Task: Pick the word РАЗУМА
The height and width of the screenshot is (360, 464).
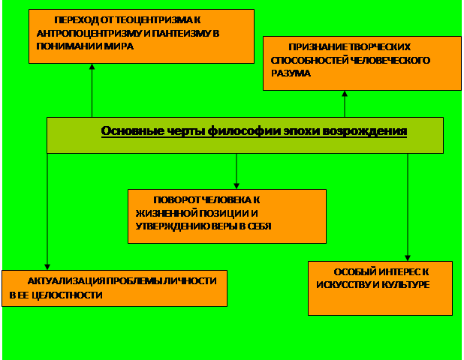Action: (x=291, y=73)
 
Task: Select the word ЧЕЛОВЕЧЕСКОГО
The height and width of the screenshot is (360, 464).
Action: (x=390, y=60)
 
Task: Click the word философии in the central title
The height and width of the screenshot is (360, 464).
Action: (x=243, y=131)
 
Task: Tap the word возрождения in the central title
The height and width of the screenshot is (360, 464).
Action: (x=365, y=131)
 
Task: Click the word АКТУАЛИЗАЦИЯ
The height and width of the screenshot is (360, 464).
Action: (x=66, y=281)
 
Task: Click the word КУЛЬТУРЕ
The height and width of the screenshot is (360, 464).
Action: (x=404, y=285)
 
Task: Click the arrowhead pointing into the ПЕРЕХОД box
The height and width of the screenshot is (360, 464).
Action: (x=92, y=67)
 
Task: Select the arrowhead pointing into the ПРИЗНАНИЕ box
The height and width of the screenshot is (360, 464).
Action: (x=345, y=94)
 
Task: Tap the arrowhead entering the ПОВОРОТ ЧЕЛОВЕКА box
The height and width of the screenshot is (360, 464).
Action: (x=237, y=186)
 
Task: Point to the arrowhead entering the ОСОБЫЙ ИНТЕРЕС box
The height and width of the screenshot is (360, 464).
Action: (x=408, y=258)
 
